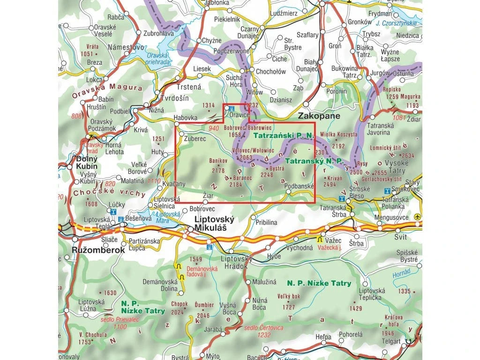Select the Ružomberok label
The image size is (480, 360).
pos(98,250)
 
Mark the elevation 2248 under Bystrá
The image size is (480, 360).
pos(266,175)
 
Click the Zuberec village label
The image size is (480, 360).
pos(195,139)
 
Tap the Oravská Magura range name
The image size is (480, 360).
pos(106,89)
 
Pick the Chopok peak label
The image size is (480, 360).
pos(180,304)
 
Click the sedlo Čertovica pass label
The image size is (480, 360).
pos(263,328)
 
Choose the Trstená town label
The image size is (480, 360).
pos(188,87)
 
